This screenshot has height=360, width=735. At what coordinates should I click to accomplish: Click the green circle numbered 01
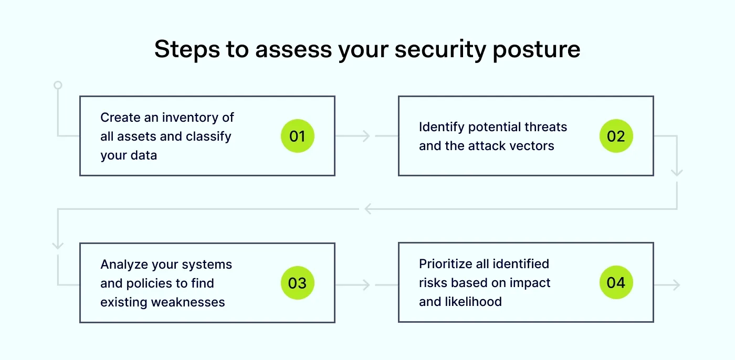tap(297, 136)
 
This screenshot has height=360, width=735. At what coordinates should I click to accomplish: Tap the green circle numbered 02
tap(616, 136)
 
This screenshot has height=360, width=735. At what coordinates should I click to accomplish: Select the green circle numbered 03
tap(297, 283)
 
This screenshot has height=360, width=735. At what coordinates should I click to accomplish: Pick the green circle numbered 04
tap(616, 283)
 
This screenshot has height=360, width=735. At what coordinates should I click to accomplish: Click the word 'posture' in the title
tap(537, 49)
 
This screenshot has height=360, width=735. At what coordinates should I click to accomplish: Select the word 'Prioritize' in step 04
tap(448, 263)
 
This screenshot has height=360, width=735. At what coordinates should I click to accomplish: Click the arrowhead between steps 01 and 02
tap(366, 136)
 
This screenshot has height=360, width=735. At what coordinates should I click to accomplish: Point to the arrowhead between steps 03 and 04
tap(366, 285)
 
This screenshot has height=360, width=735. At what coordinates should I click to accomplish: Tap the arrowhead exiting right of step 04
tap(676, 285)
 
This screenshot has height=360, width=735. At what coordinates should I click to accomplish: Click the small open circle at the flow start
tap(58, 85)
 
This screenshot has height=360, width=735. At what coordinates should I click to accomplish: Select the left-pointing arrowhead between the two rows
tap(368, 209)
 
